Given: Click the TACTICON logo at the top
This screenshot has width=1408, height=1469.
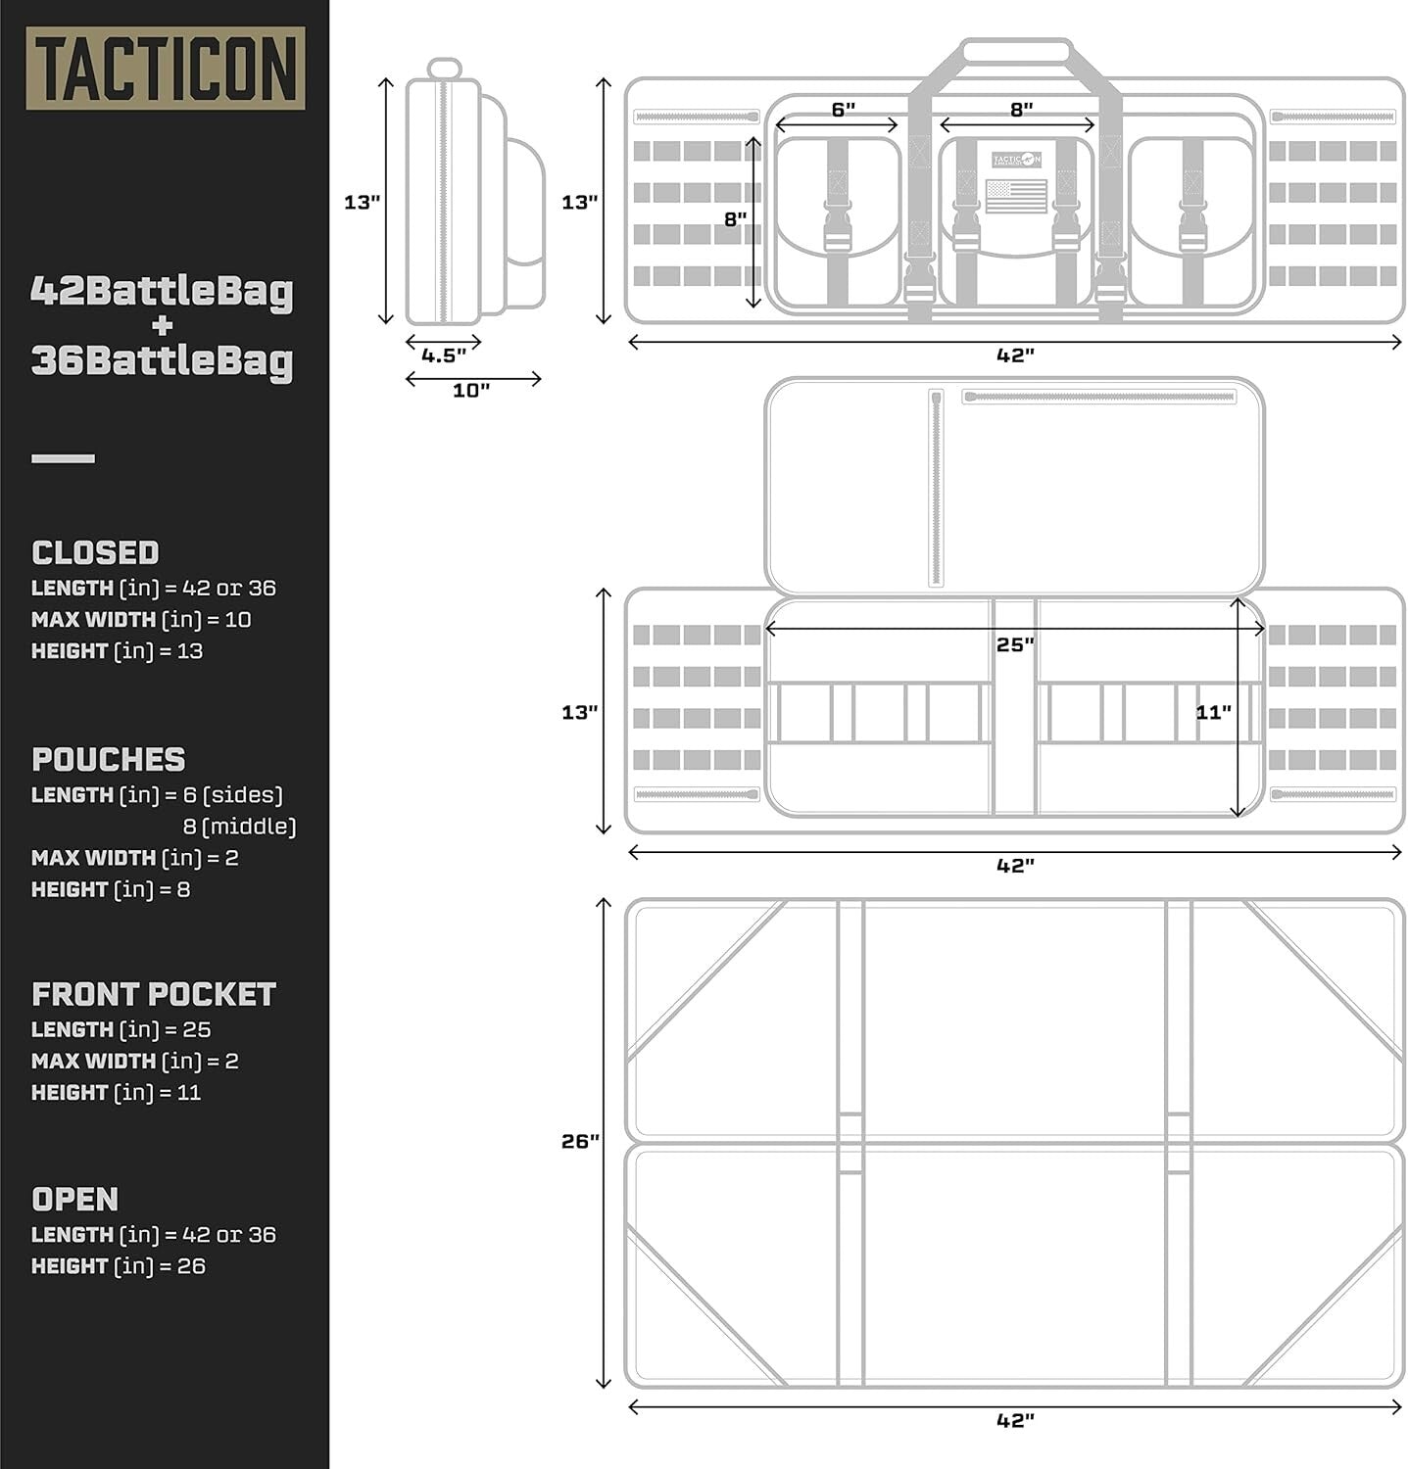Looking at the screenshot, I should click(x=166, y=69).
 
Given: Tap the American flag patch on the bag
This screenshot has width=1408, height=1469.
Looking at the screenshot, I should click(x=1016, y=196).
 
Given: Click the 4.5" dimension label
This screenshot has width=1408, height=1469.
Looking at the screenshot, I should click(x=444, y=355).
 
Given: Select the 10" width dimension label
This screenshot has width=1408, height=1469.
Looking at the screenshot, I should click(x=471, y=391).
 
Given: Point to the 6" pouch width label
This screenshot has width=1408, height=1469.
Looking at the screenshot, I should click(x=843, y=110).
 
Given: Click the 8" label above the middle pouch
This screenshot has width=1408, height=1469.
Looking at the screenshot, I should click(x=1022, y=110).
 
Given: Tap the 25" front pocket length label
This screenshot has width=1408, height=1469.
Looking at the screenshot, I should click(x=1015, y=644).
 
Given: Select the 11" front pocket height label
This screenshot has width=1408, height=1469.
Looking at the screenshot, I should click(x=1213, y=712).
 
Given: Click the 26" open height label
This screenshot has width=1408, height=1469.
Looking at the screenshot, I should click(x=580, y=1141).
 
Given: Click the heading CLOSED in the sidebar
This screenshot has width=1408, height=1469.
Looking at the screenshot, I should click(x=95, y=552).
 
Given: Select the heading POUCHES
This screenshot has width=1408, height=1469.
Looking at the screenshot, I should click(x=108, y=759).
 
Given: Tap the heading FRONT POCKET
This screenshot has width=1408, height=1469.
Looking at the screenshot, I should click(x=154, y=994).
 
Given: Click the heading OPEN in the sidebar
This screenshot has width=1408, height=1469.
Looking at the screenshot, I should click(x=74, y=1199).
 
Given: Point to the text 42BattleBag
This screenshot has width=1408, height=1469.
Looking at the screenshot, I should click(x=162, y=291).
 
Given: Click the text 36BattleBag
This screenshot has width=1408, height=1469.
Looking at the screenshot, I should click(x=162, y=361).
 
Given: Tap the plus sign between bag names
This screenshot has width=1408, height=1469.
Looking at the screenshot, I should click(x=163, y=326).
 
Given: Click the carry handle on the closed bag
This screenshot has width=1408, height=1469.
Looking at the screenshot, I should click(x=1016, y=51).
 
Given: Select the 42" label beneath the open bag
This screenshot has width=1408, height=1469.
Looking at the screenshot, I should click(x=1015, y=1420).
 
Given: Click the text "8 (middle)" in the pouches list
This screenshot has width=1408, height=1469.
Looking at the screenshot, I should click(x=239, y=827).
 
